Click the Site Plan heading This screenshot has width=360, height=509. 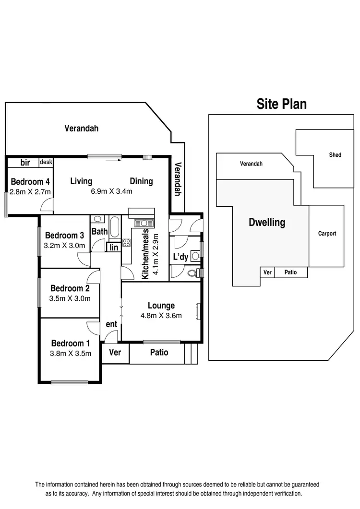pyautogui.click(x=281, y=104)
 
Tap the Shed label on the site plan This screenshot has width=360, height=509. pyautogui.click(x=335, y=155)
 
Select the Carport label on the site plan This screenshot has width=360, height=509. pyautogui.click(x=327, y=234)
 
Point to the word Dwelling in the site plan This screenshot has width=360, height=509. pyautogui.click(x=266, y=223)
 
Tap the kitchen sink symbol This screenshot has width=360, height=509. pyautogui.click(x=143, y=223)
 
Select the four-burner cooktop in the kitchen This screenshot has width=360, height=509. pyautogui.click(x=127, y=243)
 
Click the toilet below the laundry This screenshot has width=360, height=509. pyautogui.click(x=193, y=273)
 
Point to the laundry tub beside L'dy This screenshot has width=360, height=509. pyautogui.click(x=195, y=255)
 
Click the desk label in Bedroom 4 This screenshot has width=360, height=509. pyautogui.click(x=46, y=162)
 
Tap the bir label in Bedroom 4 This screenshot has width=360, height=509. pyautogui.click(x=25, y=163)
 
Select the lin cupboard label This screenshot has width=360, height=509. pyautogui.click(x=114, y=247)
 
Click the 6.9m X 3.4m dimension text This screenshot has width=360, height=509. pyautogui.click(x=111, y=191)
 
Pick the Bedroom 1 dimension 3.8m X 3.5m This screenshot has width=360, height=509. pyautogui.click(x=71, y=354)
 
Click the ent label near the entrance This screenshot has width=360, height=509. pyautogui.click(x=111, y=324)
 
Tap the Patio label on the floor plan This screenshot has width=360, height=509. pyautogui.click(x=159, y=352)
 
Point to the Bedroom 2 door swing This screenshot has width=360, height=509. pyautogui.click(x=93, y=277)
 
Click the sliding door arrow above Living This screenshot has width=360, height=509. pyautogui.click(x=111, y=160)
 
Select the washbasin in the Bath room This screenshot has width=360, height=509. pyautogui.click(x=97, y=220)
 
